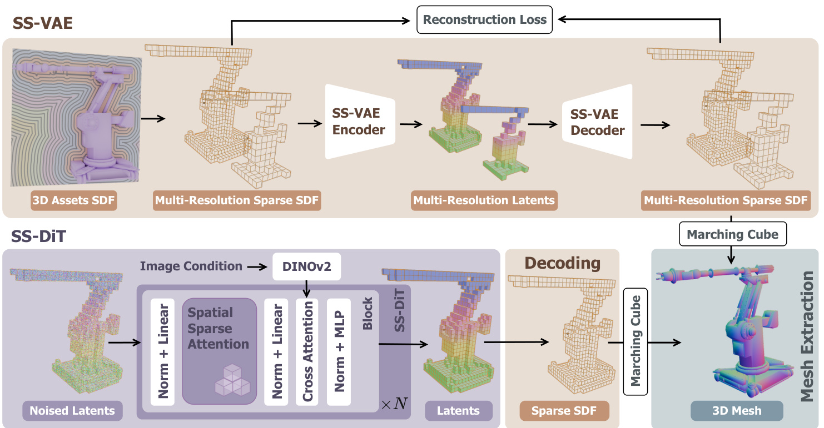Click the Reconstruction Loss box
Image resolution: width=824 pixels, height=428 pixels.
coord(485,20)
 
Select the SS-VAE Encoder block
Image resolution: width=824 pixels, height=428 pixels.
coord(358,121)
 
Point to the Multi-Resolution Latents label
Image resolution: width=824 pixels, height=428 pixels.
coord(484,200)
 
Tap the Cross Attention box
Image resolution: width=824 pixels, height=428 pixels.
coord(307,351)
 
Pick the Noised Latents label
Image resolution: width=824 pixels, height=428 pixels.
coord(72,411)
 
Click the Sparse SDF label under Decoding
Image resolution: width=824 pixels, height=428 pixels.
coord(564,411)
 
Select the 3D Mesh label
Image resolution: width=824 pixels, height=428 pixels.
coord(737,411)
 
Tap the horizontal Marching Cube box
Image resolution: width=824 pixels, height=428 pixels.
coord(732,235)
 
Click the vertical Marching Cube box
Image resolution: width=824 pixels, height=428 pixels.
coord(636,341)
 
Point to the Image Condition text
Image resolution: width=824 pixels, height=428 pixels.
coord(191,266)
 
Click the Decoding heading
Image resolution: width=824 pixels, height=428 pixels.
coord(562,263)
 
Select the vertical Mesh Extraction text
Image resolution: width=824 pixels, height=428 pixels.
coord(810,339)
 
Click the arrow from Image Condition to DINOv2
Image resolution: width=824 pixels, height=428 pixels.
coord(257,267)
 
